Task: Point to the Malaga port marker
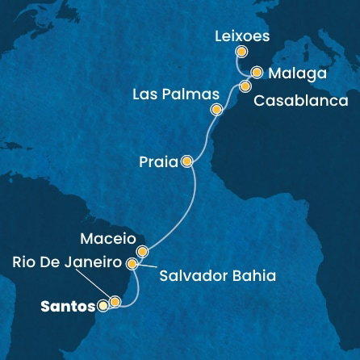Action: (257, 72)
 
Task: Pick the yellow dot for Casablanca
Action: (245, 85)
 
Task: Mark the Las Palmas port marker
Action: (215, 110)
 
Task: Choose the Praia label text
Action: (159, 161)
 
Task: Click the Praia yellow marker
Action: (187, 161)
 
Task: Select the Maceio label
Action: (108, 240)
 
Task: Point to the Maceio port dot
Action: (143, 252)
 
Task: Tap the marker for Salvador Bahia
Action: (132, 262)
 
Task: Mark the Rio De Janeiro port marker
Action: (115, 303)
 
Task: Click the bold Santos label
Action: (66, 307)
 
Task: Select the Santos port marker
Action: (103, 306)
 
